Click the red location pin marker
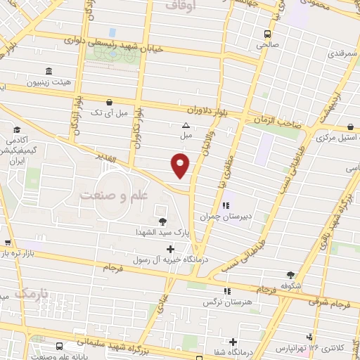181,166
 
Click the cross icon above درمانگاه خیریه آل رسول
170,249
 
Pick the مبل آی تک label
109,112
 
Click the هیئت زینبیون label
49,82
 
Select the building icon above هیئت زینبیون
49,72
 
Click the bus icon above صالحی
267,33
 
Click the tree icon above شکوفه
291,275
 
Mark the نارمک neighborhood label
34,292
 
